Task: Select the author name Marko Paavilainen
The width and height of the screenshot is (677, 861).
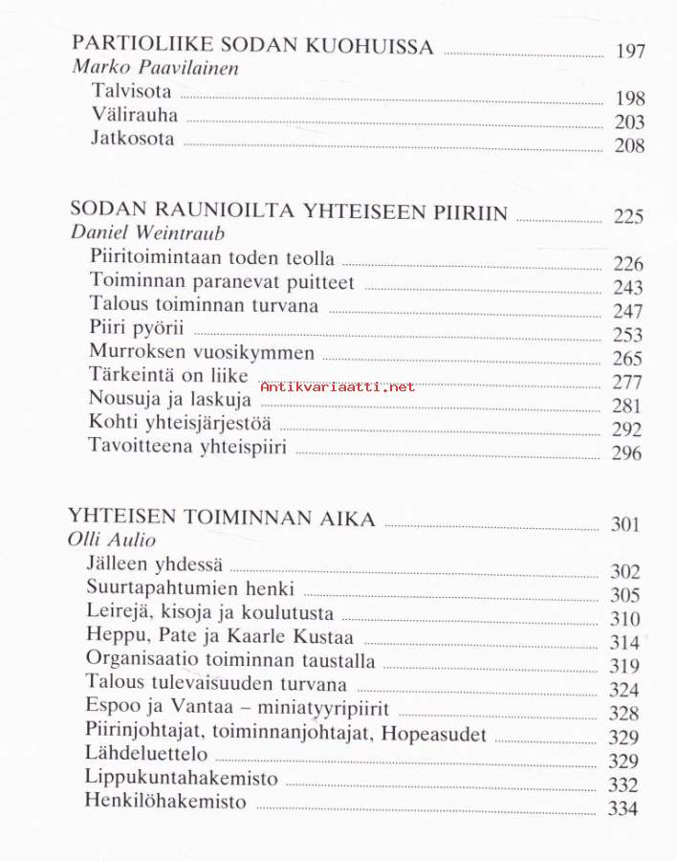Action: pyautogui.click(x=156, y=69)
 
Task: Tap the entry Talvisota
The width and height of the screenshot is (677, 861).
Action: pyautogui.click(x=131, y=92)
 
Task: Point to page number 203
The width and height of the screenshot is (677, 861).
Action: pyautogui.click(x=629, y=122)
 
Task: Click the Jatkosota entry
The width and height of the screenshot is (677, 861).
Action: pyautogui.click(x=133, y=139)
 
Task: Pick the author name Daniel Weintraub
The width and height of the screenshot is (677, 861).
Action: pyautogui.click(x=148, y=232)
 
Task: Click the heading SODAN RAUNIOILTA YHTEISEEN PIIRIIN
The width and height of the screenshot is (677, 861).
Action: pyautogui.click(x=289, y=212)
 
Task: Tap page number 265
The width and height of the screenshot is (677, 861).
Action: pyautogui.click(x=627, y=359)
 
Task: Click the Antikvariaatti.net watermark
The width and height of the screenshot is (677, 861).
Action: pyautogui.click(x=338, y=386)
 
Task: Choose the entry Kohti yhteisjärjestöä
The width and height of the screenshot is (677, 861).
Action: pyautogui.click(x=180, y=423)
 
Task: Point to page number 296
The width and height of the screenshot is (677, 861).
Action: pyautogui.click(x=626, y=453)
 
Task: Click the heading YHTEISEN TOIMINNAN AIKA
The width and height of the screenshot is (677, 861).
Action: pyautogui.click(x=222, y=519)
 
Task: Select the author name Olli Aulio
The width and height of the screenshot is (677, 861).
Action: pyautogui.click(x=112, y=541)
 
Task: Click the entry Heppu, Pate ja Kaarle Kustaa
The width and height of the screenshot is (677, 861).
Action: pyautogui.click(x=220, y=636)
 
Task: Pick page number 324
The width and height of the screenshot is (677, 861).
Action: pyautogui.click(x=624, y=690)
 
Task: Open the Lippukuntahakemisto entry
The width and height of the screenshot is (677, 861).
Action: pyautogui.click(x=181, y=778)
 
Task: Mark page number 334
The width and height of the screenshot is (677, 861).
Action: pyautogui.click(x=623, y=809)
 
